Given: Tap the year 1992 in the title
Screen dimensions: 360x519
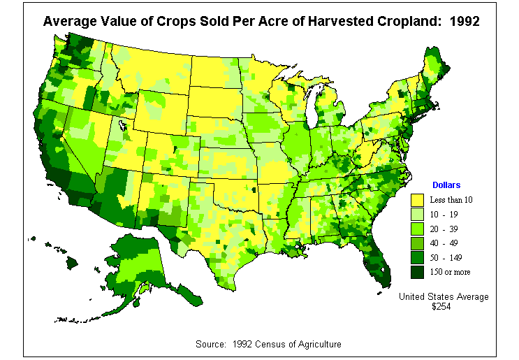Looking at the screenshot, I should click(465, 21).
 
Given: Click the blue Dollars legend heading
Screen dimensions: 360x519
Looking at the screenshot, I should click(446, 185).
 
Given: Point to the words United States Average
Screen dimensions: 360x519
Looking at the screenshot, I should click(444, 296).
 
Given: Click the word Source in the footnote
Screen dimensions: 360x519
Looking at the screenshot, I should click(213, 345).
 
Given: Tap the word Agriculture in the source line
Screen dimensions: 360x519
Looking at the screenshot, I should click(318, 345).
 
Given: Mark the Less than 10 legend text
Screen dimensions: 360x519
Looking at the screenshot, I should click(452, 200).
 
